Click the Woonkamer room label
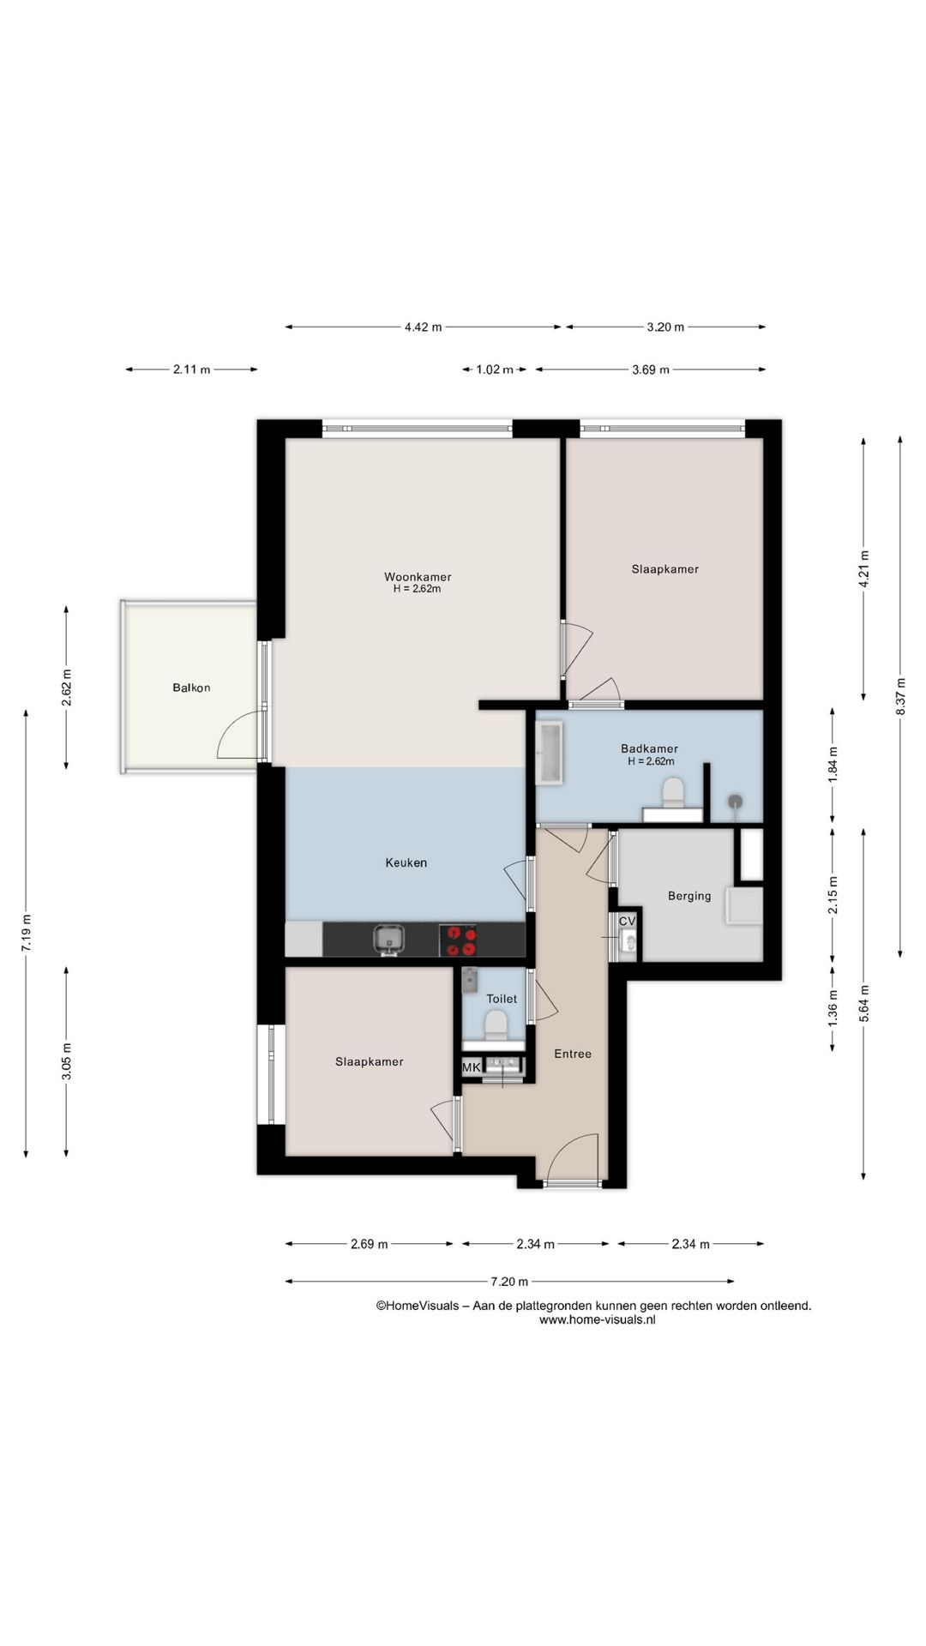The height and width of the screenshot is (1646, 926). tap(418, 577)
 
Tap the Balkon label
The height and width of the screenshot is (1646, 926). tap(191, 688)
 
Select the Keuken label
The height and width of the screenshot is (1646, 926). tap(406, 862)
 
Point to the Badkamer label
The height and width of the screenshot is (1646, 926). tap(649, 748)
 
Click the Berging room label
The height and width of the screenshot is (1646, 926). tap(689, 896)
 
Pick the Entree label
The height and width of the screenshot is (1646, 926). tap(572, 1054)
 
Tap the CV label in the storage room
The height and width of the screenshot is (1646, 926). tap(628, 921)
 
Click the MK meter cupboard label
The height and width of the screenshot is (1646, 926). tap(472, 1067)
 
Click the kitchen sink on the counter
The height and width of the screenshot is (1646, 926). tap(389, 940)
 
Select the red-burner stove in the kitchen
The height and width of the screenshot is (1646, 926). tap(459, 940)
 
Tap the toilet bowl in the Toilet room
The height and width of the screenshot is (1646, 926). tap(495, 1025)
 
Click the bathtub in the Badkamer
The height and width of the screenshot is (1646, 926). tap(549, 754)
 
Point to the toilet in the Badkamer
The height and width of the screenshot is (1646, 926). tap(673, 792)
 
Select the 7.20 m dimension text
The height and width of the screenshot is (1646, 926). tap(509, 1282)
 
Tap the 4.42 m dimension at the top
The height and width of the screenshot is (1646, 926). tap(423, 327)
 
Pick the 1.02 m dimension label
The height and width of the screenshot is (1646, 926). tap(495, 369)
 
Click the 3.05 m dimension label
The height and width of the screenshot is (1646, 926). tap(66, 1060)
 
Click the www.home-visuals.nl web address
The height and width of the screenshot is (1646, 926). tap(598, 1320)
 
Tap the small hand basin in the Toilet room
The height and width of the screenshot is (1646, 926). tap(469, 979)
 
